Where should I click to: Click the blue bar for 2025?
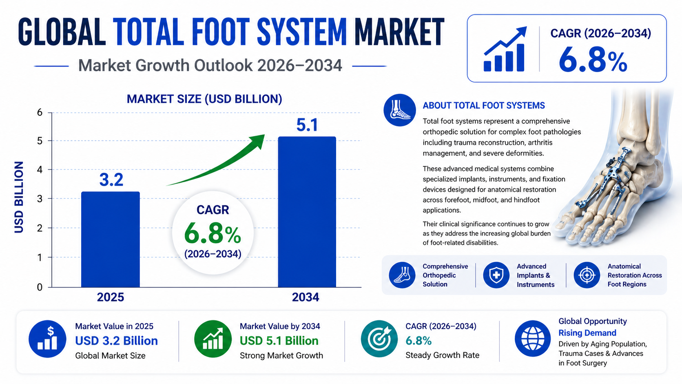pyautogui.click(x=111, y=240)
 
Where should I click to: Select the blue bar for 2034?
pyautogui.click(x=307, y=212)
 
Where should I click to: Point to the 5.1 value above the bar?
pyautogui.click(x=307, y=125)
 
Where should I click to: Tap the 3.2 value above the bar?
pyautogui.click(x=111, y=180)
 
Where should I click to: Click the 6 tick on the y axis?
pyautogui.click(x=40, y=113)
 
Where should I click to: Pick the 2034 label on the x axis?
pyautogui.click(x=306, y=297)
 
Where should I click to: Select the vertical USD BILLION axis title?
pyautogui.click(x=19, y=198)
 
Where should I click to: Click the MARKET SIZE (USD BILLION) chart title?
pyautogui.click(x=204, y=99)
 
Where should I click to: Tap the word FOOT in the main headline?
pyautogui.click(x=221, y=32)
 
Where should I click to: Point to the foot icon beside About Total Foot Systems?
pyautogui.click(x=399, y=110)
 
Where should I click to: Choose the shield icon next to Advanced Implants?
pyautogui.click(x=496, y=275)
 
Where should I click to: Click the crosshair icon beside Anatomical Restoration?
pyautogui.click(x=587, y=275)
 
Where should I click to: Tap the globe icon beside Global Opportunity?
pyautogui.click(x=533, y=338)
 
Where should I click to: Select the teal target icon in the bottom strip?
pyautogui.click(x=379, y=338)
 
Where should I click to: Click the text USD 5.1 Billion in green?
pyautogui.click(x=279, y=341)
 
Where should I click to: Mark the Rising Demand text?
pyautogui.click(x=587, y=333)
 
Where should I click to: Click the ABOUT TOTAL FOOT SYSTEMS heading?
pyautogui.click(x=484, y=106)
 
